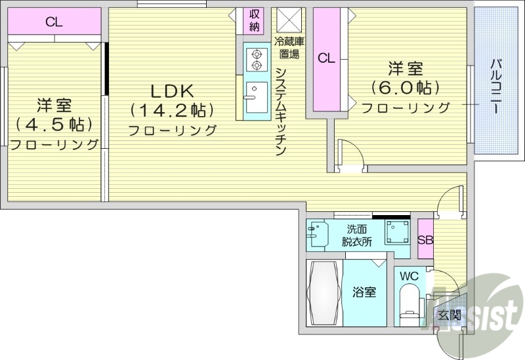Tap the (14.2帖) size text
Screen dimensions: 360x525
point(173,110)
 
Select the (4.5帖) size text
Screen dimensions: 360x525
point(54,124)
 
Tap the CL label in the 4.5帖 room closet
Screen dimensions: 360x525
point(54,22)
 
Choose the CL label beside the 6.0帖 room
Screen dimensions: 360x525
point(326,58)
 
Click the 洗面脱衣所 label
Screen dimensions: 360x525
point(357,235)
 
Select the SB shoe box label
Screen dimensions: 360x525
point(425,239)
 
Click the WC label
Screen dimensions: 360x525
point(409,276)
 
